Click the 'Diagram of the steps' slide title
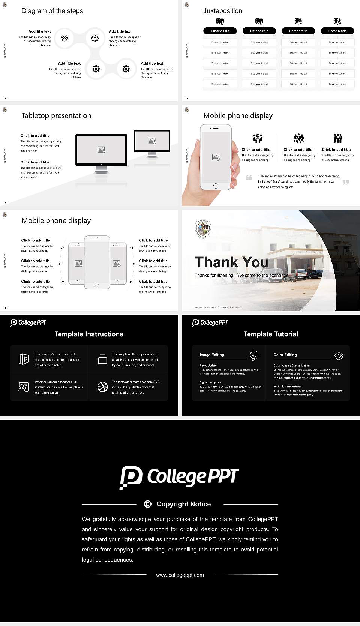[x=52, y=11]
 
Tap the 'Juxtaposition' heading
[x=223, y=11]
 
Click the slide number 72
[x=5, y=97]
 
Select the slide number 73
[x=187, y=97]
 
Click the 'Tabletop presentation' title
[x=56, y=115]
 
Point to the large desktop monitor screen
[x=101, y=150]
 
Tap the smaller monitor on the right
[x=152, y=141]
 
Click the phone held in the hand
[x=216, y=157]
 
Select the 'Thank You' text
[x=232, y=262]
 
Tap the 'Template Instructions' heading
[x=89, y=334]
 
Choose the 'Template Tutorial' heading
[x=271, y=334]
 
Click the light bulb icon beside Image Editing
[x=253, y=355]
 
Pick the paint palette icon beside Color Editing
[x=338, y=356]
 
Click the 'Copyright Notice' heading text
[x=184, y=504]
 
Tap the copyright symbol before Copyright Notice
[x=148, y=504]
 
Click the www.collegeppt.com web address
[x=180, y=575]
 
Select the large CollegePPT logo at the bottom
[x=179, y=477]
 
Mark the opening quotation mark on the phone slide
[x=249, y=177]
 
